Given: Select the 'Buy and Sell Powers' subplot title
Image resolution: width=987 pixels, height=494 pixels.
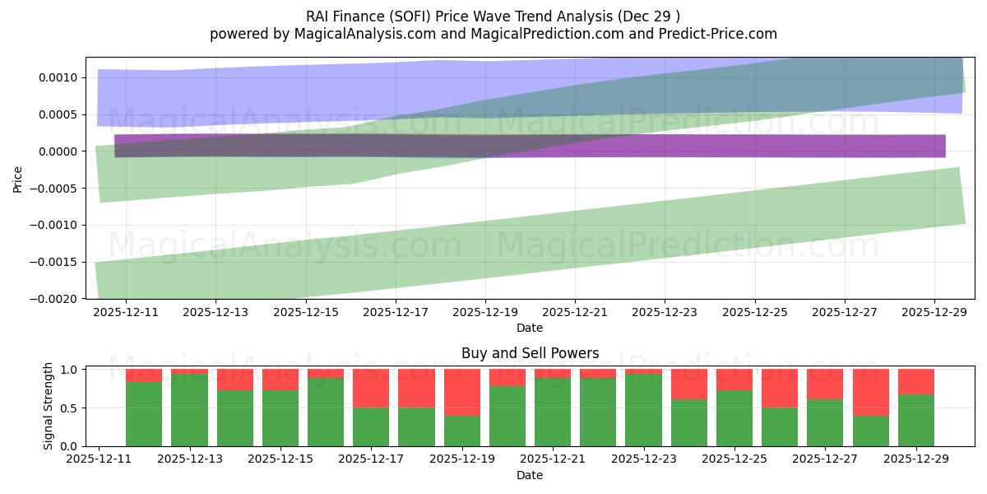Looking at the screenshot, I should [530, 353].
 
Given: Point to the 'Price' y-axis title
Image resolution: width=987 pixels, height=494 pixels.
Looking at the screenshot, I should [18, 178].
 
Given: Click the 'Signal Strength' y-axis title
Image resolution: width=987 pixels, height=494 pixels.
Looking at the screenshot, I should [49, 406].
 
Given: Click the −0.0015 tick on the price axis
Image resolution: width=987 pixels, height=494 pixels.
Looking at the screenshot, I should [55, 262].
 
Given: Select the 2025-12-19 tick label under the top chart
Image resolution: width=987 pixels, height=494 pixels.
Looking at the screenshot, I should [484, 312].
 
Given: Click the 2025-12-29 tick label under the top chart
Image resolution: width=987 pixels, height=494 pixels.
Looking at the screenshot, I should [934, 312].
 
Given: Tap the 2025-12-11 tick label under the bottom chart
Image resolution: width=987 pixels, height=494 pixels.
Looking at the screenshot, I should [99, 459].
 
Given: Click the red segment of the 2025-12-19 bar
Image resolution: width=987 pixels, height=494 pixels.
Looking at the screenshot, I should [462, 392].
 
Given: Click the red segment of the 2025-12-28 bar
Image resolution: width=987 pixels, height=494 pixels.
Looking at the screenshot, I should [870, 392].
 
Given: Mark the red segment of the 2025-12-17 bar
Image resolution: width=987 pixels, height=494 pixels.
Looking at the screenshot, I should [371, 388].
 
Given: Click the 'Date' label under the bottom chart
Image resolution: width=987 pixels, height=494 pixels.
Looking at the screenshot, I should [530, 475].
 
